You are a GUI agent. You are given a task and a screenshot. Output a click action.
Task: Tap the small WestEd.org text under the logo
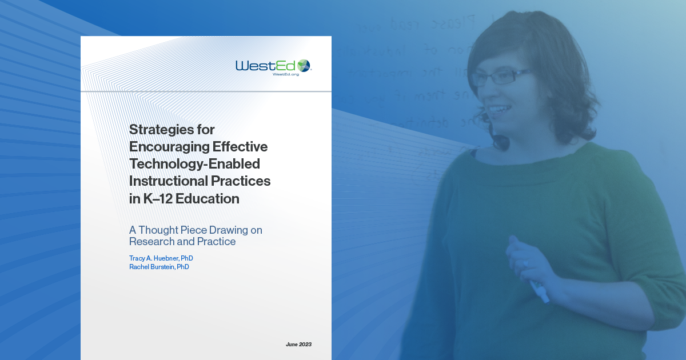point(285,75)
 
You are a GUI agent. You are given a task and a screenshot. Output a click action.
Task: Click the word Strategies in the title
point(164,129)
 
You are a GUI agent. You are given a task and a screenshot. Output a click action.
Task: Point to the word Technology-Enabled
point(194,164)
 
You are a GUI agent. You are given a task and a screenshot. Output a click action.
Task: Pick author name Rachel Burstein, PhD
point(159,267)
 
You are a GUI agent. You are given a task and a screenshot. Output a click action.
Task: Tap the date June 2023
point(298,345)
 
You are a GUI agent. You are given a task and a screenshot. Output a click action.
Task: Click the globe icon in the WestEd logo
point(304,65)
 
